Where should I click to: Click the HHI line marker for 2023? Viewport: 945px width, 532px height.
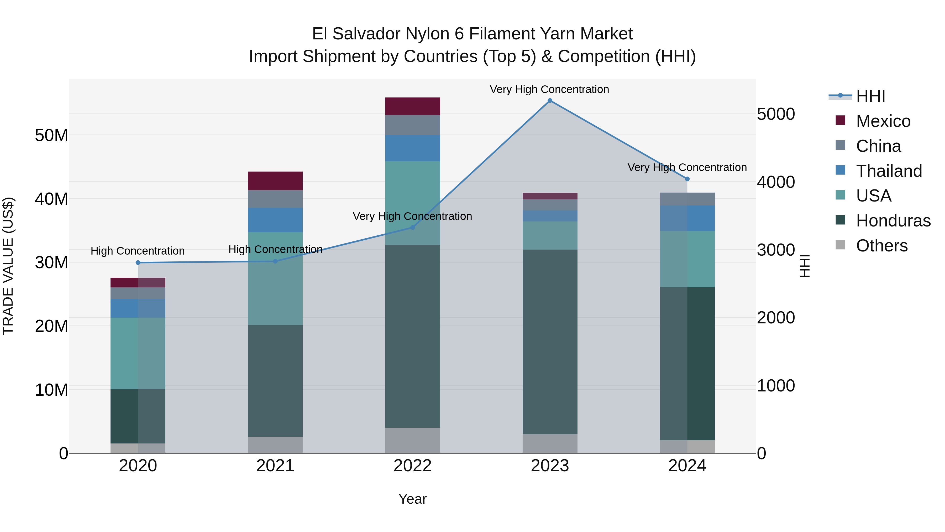point(549,101)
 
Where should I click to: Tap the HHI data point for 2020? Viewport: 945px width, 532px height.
point(138,262)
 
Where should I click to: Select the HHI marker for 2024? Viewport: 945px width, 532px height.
point(687,179)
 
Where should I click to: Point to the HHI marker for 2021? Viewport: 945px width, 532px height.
point(275,261)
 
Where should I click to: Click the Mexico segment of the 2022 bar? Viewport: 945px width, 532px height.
point(412,106)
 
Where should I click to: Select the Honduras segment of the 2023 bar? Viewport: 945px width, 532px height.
point(549,342)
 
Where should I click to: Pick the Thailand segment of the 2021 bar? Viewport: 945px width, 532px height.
point(275,220)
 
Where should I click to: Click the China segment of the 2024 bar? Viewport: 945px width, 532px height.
point(687,199)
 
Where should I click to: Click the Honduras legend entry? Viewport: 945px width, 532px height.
point(893,221)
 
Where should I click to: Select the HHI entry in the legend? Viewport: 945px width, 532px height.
point(870,96)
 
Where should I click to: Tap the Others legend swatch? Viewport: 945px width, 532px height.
point(840,245)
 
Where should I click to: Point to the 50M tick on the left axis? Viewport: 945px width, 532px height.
point(51,136)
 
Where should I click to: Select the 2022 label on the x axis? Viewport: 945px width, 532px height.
point(412,466)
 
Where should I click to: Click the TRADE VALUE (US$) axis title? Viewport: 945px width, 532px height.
point(8,266)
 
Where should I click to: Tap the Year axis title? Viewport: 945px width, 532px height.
point(412,499)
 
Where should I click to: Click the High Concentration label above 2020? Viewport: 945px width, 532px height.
point(138,251)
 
